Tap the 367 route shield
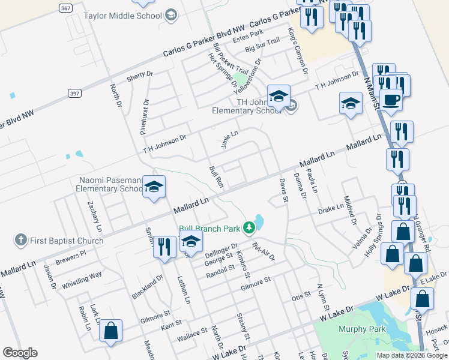coord(66,8)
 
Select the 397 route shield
coord(74,94)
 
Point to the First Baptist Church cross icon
coord(21,241)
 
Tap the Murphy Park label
coord(360,329)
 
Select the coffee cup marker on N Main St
coord(391,99)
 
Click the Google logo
coord(20,353)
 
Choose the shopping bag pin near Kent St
coord(110,331)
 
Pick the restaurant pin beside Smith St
coord(164,247)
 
